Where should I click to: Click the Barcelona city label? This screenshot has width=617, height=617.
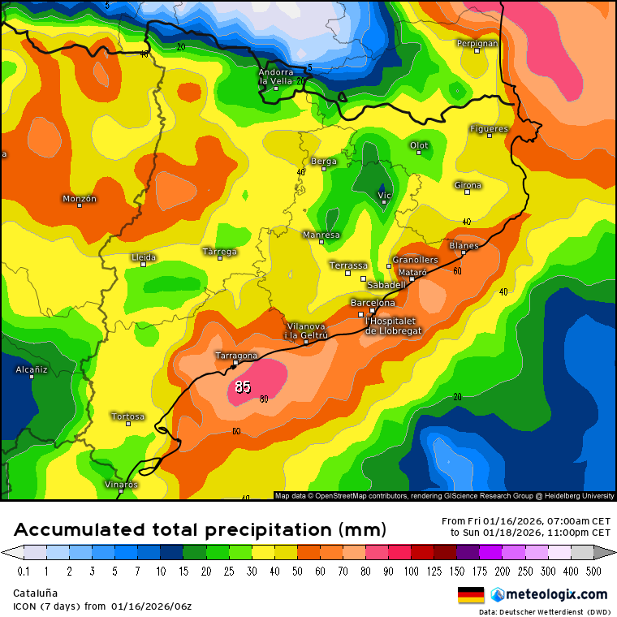click(x=373, y=303)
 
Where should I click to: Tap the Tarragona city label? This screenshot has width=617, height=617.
click(x=236, y=356)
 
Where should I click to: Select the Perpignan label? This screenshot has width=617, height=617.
click(x=477, y=43)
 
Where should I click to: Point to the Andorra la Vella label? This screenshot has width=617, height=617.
click(x=275, y=76)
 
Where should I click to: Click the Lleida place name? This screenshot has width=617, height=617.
click(x=144, y=257)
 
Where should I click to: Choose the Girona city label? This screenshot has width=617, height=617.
click(x=468, y=185)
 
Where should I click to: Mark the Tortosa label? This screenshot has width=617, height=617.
click(x=127, y=416)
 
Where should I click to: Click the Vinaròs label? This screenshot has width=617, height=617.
click(x=121, y=484)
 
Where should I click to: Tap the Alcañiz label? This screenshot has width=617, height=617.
click(x=32, y=369)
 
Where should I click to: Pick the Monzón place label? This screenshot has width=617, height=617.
click(x=80, y=198)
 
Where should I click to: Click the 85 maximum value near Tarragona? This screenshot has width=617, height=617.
click(x=243, y=386)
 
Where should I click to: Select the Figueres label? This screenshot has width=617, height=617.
click(x=489, y=128)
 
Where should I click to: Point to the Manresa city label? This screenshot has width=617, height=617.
click(x=321, y=235)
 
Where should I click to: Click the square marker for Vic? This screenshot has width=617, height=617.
click(x=384, y=202)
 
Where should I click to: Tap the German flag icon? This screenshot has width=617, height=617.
click(x=471, y=594)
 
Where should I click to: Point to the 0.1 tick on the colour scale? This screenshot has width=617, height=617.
click(x=24, y=571)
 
